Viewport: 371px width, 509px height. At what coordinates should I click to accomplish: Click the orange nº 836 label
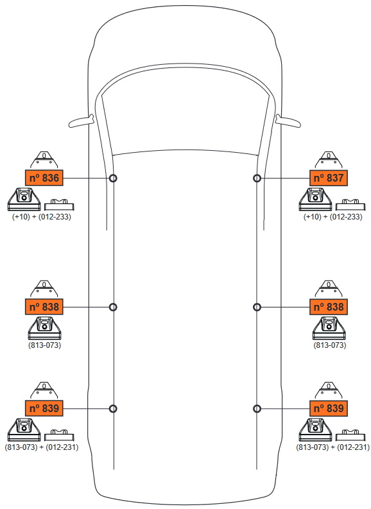click(x=44, y=178)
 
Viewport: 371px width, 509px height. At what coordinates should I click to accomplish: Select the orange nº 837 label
click(x=329, y=178)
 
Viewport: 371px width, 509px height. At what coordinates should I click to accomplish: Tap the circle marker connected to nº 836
click(x=113, y=178)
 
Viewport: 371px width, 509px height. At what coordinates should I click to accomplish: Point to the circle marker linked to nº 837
click(x=257, y=178)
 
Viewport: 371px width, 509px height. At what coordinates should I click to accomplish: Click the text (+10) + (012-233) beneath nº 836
click(x=42, y=216)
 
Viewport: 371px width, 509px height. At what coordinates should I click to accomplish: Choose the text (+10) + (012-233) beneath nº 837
click(x=332, y=216)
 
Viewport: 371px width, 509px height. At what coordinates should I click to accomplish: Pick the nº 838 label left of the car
click(x=44, y=307)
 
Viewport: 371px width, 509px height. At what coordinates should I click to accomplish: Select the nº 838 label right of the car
click(x=329, y=307)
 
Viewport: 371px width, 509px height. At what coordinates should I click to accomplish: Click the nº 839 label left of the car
click(x=44, y=408)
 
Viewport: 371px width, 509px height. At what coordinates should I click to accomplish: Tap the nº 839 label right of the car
click(x=329, y=408)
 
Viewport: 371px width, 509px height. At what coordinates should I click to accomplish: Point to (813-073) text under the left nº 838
click(x=44, y=345)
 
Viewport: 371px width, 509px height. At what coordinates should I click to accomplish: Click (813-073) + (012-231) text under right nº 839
click(x=332, y=447)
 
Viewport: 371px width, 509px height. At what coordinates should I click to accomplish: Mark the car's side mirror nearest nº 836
click(x=81, y=121)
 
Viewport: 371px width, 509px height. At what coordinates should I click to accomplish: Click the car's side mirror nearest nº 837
click(x=288, y=121)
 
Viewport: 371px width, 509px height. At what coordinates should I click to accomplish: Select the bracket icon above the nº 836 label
click(x=44, y=160)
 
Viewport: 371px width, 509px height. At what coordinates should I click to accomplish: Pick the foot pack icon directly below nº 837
click(x=316, y=199)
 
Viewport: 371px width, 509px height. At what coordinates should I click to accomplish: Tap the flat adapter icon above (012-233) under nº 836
click(x=59, y=205)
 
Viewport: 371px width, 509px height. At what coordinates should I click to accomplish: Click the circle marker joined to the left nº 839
click(x=113, y=408)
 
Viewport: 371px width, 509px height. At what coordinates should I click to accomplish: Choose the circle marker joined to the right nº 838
click(x=257, y=307)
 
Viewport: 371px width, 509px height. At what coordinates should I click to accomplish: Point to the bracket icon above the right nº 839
click(x=329, y=390)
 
